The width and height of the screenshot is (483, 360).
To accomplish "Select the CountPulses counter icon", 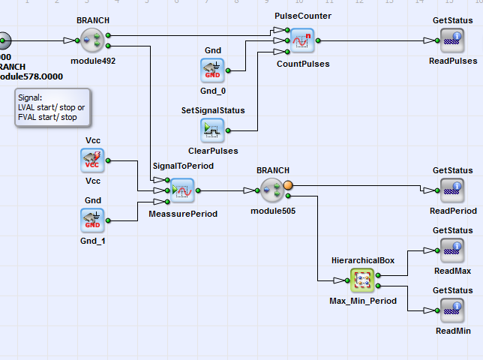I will click(302, 40).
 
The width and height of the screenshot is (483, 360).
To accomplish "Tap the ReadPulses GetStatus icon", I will click(452, 40).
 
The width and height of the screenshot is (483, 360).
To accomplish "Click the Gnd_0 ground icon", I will click(212, 70).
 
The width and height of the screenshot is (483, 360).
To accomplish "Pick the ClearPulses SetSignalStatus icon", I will click(212, 130).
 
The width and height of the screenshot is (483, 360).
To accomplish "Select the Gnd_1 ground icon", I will click(92, 220).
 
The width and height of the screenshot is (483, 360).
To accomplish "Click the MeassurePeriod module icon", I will click(182, 190).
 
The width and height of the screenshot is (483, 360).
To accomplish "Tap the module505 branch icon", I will click(273, 190).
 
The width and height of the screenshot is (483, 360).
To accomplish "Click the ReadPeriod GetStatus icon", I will click(452, 190).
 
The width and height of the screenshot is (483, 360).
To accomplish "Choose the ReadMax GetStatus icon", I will click(452, 250).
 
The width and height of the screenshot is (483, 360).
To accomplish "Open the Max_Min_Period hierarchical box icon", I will click(362, 280).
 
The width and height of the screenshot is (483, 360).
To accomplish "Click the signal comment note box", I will click(52, 107).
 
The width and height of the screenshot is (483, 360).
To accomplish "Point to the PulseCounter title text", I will click(302, 16).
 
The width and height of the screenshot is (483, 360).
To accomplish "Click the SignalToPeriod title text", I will click(183, 166).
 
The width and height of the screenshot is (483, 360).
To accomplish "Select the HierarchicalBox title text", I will click(362, 259).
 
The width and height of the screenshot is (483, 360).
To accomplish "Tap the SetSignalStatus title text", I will click(213, 110).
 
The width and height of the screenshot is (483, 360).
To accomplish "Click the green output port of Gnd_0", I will click(228, 70).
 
